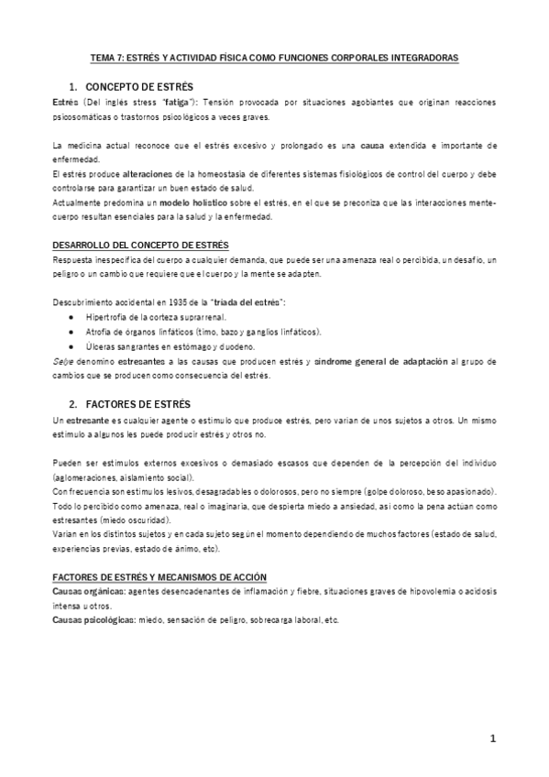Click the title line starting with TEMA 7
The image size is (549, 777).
(274, 57)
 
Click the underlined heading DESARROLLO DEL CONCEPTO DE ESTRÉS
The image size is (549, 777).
(140, 246)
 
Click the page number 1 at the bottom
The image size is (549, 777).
(492, 739)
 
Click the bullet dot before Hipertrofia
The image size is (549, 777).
(72, 317)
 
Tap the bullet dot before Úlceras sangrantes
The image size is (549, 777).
(72, 346)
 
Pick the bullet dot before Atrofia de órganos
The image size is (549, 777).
(72, 332)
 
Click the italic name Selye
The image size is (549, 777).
(63, 362)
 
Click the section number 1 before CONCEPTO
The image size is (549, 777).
(71, 86)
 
